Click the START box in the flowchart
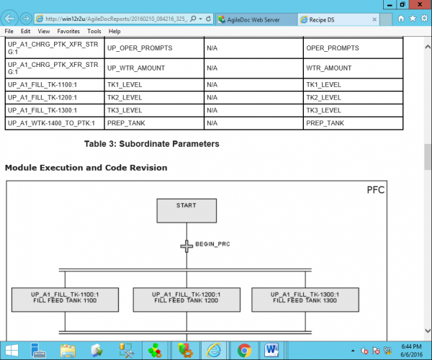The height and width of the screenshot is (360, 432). pos(186,211)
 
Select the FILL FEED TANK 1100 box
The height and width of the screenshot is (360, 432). pos(65,300)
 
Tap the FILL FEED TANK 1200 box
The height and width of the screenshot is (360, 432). pos(186,300)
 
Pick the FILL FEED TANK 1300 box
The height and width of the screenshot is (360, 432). pos(305,300)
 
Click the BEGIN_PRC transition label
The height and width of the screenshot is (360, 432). pos(212,244)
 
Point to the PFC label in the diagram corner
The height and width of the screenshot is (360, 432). pos(376,190)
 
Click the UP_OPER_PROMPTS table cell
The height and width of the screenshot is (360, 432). pos(154,48)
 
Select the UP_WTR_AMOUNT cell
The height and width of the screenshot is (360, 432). pos(154,68)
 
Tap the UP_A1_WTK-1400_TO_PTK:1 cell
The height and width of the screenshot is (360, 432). pos(55,123)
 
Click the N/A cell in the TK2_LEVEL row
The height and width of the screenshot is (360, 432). pos(253,97)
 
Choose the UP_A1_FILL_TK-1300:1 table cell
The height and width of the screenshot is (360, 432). pos(55,110)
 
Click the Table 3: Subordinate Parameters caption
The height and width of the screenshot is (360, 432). pos(152,144)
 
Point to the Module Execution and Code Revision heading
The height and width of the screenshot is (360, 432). pos(86,168)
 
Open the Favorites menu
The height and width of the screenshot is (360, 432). pos(68,31)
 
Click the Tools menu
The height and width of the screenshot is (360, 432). pos(94,31)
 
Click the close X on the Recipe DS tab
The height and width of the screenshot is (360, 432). pos(374,19)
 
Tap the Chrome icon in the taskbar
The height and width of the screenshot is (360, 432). pos(244,350)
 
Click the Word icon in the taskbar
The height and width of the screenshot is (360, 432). pos(271,350)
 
